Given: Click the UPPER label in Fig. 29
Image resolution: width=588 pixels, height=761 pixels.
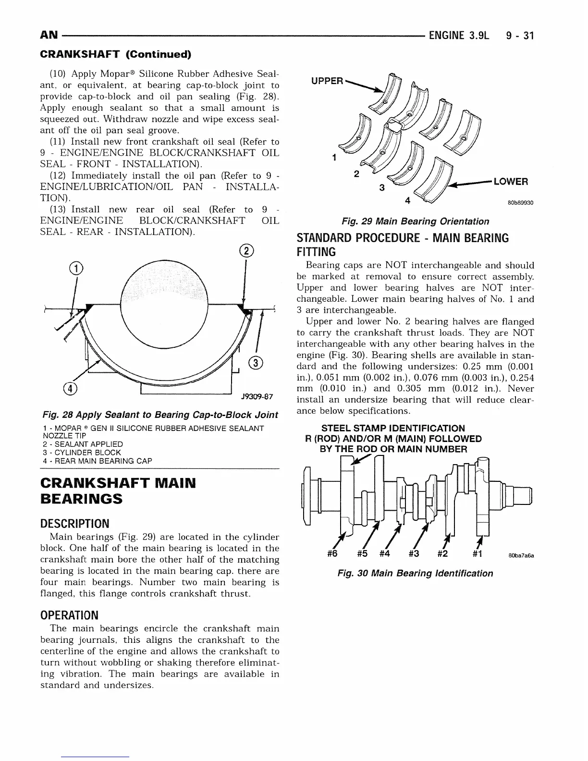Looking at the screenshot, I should (327, 81).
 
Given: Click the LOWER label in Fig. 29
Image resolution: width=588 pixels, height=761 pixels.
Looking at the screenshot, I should (511, 182).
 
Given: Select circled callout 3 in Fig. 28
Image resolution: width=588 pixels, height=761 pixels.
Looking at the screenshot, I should (256, 363).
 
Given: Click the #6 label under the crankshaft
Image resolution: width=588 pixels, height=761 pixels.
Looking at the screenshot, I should (331, 554).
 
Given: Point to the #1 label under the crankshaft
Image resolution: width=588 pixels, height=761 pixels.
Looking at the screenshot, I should (478, 554).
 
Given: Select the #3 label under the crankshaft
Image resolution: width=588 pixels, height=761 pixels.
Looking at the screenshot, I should (414, 554).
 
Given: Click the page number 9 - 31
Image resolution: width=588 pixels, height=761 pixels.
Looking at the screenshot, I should (520, 36).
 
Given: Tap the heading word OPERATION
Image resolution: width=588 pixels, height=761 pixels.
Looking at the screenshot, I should (69, 615).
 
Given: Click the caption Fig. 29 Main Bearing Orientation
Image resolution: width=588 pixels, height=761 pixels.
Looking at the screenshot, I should (415, 221).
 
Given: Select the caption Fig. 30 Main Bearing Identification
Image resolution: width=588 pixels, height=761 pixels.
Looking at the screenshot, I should (415, 573).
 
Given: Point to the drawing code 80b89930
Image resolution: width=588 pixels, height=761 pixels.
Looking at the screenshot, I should (521, 203).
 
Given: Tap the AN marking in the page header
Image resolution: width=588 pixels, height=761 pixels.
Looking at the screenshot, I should (49, 36).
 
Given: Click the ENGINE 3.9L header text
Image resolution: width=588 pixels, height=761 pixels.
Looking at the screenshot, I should (459, 36).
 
